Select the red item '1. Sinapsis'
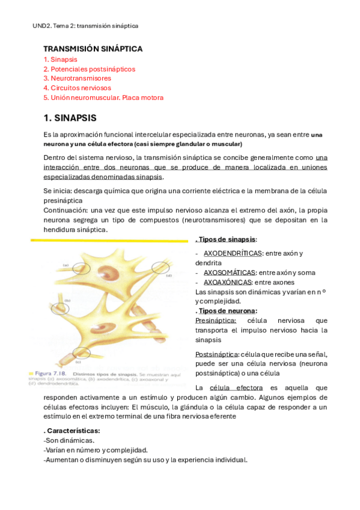[x=60, y=60]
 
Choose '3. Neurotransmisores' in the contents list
[x=77, y=78]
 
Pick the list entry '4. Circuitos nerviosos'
[x=77, y=88]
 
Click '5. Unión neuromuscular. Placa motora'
[x=103, y=97]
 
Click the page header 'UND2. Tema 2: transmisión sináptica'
[x=85, y=26]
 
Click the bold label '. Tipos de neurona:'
[x=226, y=311]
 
